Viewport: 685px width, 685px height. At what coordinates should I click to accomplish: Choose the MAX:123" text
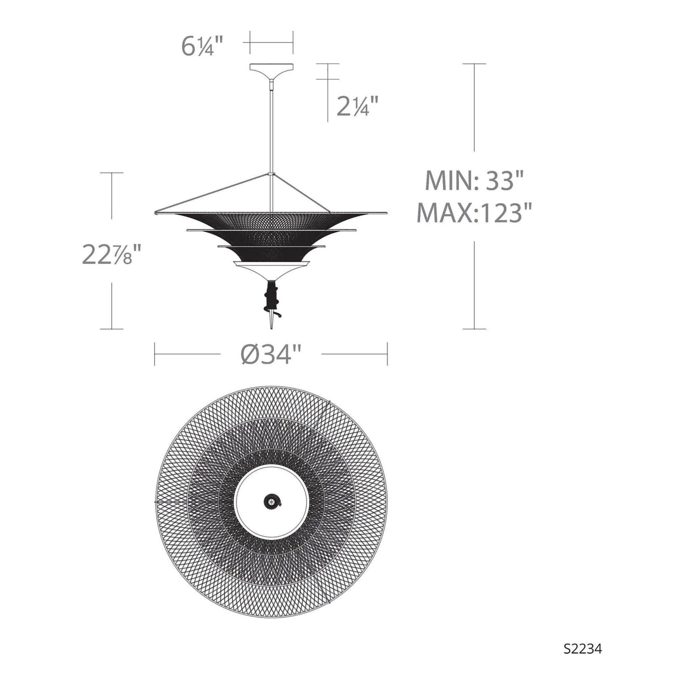[474, 213]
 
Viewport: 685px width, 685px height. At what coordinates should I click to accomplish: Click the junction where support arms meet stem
[272, 174]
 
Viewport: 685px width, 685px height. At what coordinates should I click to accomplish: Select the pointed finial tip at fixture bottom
[272, 324]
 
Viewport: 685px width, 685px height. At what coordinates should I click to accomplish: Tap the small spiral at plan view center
[272, 502]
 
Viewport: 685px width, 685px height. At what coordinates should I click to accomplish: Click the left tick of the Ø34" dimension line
[154, 354]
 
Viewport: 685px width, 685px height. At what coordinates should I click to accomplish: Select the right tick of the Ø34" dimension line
[387, 354]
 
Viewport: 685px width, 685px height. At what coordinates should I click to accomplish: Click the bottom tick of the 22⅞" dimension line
[112, 329]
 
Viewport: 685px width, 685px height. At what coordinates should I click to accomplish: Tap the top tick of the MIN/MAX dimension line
[474, 64]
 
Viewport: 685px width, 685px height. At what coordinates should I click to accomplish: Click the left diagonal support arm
[213, 193]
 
